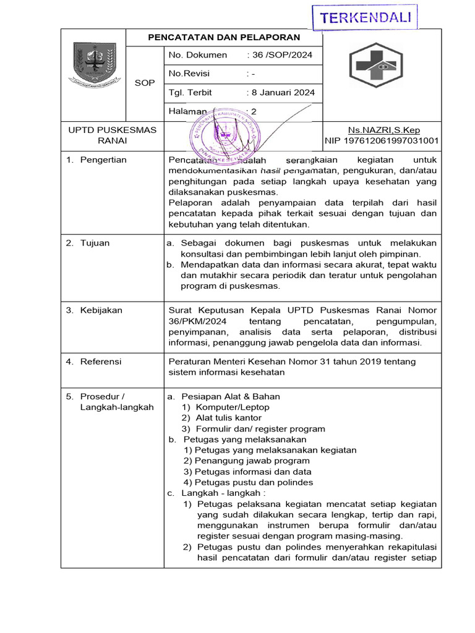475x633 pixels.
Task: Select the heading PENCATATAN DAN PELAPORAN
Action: click(x=224, y=38)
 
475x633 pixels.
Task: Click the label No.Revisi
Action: click(x=189, y=74)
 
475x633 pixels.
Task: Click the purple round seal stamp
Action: click(x=227, y=134)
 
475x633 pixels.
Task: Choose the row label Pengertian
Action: click(x=103, y=160)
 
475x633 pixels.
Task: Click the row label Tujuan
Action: click(x=95, y=243)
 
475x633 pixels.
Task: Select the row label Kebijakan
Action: click(x=101, y=310)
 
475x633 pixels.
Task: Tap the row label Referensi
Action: click(x=101, y=362)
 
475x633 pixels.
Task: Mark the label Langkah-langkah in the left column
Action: click(x=117, y=407)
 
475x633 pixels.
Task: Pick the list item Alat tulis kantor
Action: click(x=228, y=418)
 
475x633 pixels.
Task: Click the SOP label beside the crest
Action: click(x=145, y=83)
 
